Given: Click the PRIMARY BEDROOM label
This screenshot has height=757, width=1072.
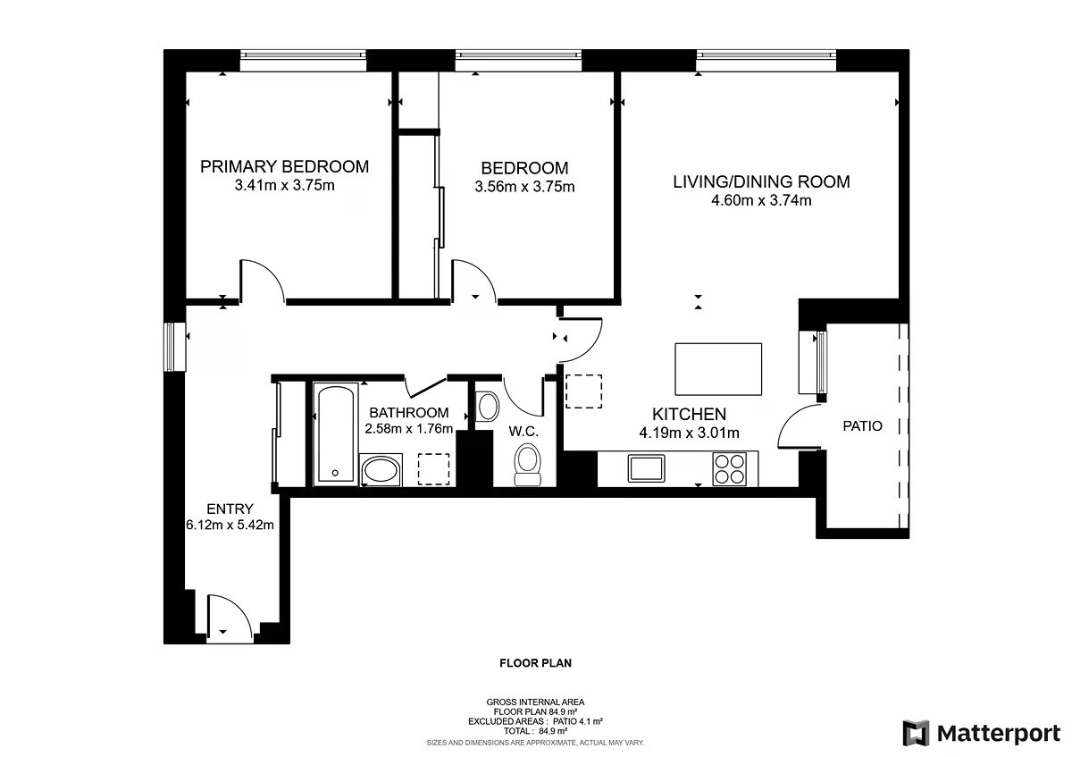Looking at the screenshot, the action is [284, 166].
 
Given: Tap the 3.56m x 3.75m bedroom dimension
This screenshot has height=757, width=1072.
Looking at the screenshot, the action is [524, 187].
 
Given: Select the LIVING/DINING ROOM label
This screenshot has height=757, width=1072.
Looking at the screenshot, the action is [761, 182].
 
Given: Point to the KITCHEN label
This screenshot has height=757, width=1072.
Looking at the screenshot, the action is [689, 414].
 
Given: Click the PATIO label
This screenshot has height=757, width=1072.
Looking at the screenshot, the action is [862, 426].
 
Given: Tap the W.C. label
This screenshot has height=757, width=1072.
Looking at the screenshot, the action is [523, 432].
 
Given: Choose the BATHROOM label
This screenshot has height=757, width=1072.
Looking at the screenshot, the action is [409, 413].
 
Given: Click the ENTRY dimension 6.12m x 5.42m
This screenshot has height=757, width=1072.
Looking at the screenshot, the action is [230, 526].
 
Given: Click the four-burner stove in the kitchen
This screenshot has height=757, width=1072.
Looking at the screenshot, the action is [729, 469].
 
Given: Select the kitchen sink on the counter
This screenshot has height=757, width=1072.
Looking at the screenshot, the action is [646, 468].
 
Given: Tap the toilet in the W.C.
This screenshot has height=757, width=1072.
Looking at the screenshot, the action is [527, 465].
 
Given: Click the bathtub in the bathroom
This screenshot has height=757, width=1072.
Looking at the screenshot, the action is [336, 434].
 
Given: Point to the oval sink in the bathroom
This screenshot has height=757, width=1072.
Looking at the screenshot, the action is [381, 470].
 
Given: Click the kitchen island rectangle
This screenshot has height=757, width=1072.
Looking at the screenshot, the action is [718, 369].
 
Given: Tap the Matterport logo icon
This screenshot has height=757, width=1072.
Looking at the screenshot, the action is [916, 733].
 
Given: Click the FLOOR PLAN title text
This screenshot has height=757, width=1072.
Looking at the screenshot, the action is [535, 663].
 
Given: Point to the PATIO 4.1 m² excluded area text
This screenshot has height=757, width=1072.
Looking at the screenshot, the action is [578, 721].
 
